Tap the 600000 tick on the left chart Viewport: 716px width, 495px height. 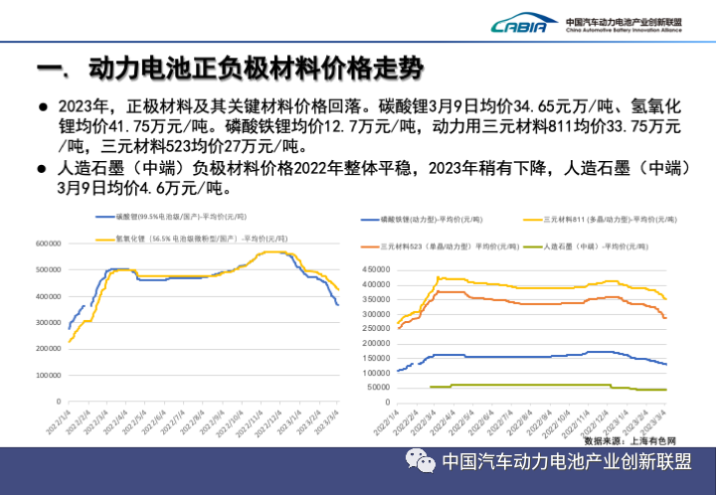47,243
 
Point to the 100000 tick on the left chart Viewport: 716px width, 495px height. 47,375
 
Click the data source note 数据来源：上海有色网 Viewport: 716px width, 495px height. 629,439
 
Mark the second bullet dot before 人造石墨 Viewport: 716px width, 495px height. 43,168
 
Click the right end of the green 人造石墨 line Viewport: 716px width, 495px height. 665,390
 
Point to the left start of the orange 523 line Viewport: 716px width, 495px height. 399,327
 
